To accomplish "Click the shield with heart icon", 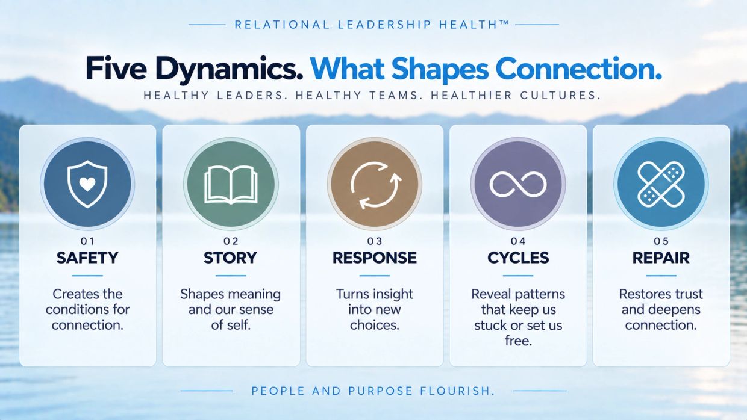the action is [87, 184].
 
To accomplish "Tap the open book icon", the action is [231, 185].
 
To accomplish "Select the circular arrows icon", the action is [376, 185].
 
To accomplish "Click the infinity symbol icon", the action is [518, 184].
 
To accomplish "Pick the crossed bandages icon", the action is [661, 184].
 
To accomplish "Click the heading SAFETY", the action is [87, 258].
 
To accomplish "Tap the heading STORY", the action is [231, 258].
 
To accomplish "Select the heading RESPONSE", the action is [375, 258].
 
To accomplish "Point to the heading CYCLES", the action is [518, 258].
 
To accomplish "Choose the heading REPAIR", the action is [661, 258].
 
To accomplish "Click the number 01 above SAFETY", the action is [88, 241].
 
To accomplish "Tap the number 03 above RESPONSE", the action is [375, 241].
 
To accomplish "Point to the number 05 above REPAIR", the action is [661, 241].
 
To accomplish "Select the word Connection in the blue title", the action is [579, 69].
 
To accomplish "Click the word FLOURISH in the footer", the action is [457, 391].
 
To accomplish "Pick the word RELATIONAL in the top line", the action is [282, 25].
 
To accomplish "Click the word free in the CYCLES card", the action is [518, 341].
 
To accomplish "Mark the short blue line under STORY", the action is [231, 276].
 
